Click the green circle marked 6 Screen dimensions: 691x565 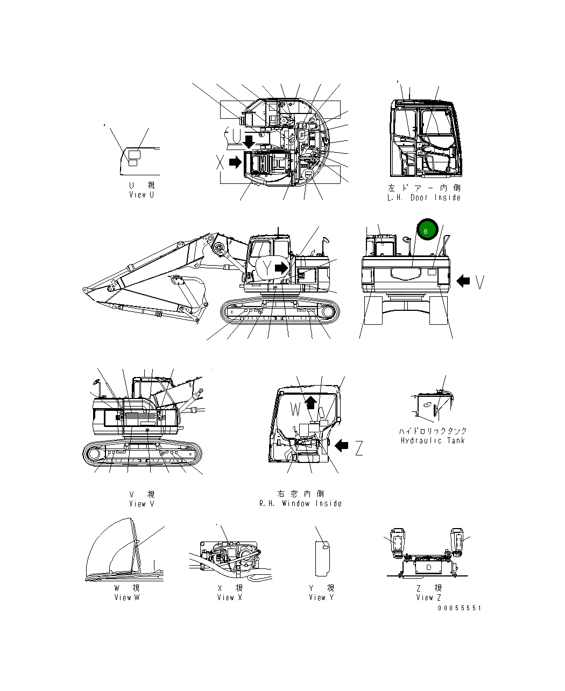click(x=426, y=231)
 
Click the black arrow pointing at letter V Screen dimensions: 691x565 click(x=463, y=281)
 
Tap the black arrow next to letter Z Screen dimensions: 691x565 click(x=341, y=445)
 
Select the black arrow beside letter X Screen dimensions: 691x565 click(x=235, y=162)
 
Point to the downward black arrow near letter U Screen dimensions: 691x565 click(x=249, y=141)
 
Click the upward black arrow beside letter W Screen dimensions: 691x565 click(x=311, y=403)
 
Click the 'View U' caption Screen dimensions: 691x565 click(x=142, y=195)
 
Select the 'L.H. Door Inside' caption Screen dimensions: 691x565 click(x=424, y=197)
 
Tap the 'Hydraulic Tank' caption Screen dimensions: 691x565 click(x=433, y=440)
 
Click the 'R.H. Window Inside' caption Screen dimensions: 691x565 click(x=300, y=503)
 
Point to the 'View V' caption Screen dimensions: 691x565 click(x=142, y=504)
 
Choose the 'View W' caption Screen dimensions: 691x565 click(x=126, y=597)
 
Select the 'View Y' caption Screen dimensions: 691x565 click(x=321, y=597)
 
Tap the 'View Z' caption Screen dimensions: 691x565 click(x=428, y=597)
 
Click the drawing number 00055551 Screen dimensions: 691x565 click(x=459, y=608)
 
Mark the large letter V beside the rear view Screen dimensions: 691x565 click(x=480, y=281)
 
